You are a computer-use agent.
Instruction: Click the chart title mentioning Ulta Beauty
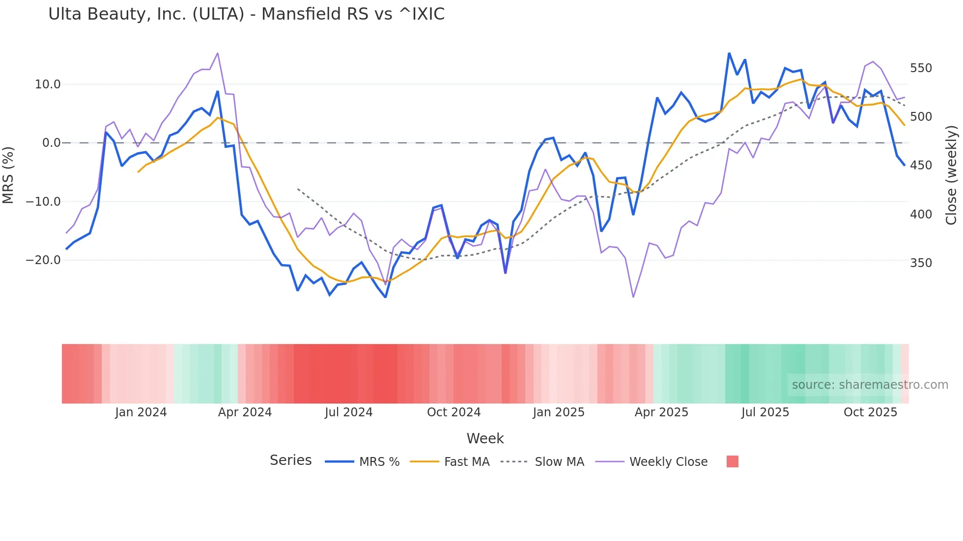[x=246, y=14]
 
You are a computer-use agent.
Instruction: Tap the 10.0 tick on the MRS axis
[x=48, y=84]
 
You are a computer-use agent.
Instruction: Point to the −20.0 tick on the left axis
[x=43, y=260]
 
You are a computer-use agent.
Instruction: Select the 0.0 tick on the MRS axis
[x=51, y=143]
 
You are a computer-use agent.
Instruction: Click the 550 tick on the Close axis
[x=921, y=68]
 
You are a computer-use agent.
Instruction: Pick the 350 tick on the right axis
[x=921, y=263]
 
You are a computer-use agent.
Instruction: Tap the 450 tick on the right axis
[x=921, y=165]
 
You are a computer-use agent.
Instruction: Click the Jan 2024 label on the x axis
[x=141, y=412]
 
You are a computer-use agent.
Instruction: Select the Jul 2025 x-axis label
[x=765, y=412]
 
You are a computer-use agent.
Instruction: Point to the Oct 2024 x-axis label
[x=453, y=412]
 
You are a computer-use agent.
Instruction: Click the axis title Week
[x=485, y=438]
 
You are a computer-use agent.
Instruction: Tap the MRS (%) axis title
[x=8, y=175]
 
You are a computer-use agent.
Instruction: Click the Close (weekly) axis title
[x=952, y=175]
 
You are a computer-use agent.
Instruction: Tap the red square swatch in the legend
[x=732, y=461]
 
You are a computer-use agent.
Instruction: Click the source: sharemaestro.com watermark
[x=870, y=385]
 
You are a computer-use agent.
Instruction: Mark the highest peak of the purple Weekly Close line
[x=218, y=53]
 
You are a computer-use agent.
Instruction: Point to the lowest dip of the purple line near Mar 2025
[x=633, y=297]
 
